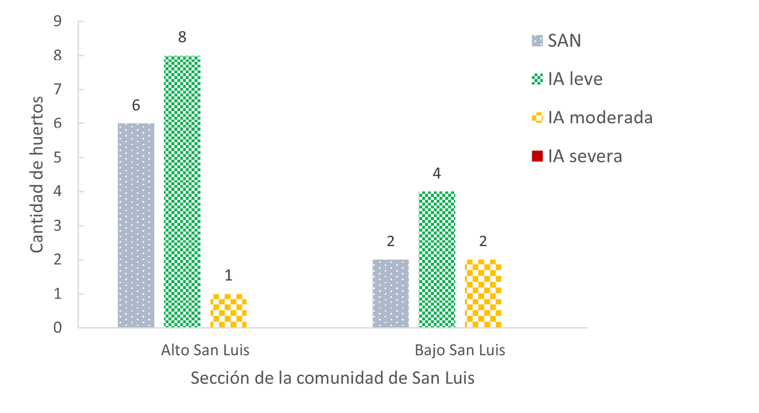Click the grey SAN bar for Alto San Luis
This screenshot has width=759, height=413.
pyautogui.click(x=136, y=225)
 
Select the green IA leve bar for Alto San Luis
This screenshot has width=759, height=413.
pyautogui.click(x=182, y=191)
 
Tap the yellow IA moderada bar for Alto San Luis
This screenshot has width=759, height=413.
pyautogui.click(x=228, y=311)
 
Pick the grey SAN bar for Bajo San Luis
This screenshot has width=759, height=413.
pyautogui.click(x=391, y=293)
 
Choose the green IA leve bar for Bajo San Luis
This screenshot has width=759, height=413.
pyautogui.click(x=437, y=259)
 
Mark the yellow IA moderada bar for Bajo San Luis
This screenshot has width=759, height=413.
pyautogui.click(x=483, y=293)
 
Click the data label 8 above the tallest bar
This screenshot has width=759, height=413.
pyautogui.click(x=182, y=38)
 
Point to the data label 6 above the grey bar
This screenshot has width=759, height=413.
pyautogui.click(x=136, y=106)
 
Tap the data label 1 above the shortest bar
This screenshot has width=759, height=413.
pyautogui.click(x=228, y=276)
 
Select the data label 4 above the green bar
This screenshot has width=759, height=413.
pyautogui.click(x=437, y=174)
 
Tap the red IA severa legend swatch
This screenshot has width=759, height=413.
pyautogui.click(x=537, y=156)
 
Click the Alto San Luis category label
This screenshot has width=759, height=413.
pyautogui.click(x=205, y=350)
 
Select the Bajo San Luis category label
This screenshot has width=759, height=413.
pyautogui.click(x=459, y=350)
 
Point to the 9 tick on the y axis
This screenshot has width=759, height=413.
pyautogui.click(x=58, y=21)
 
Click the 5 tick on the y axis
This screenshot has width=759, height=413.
pyautogui.click(x=58, y=158)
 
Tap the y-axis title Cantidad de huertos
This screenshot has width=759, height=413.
pyautogui.click(x=36, y=174)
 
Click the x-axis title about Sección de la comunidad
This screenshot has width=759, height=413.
pyautogui.click(x=332, y=378)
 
